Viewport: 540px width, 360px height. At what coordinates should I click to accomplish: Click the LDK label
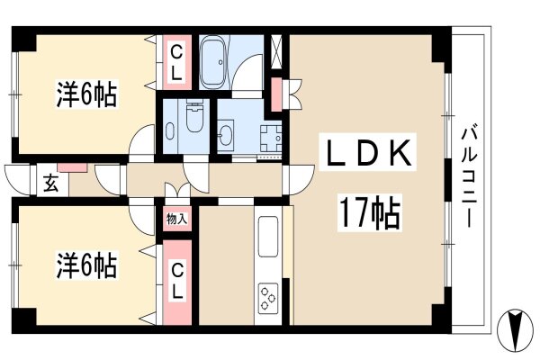click(367, 152)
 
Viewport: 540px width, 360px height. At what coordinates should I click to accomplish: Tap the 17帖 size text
click(370, 212)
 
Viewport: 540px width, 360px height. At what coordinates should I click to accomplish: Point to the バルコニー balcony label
click(469, 178)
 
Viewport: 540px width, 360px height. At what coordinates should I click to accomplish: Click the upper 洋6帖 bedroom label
click(86, 94)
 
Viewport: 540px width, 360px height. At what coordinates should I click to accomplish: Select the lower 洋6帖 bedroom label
click(86, 265)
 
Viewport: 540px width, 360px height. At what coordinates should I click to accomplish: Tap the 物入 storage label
click(176, 219)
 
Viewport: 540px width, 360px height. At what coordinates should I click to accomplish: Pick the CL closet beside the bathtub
click(176, 63)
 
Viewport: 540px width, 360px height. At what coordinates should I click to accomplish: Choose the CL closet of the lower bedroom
click(177, 282)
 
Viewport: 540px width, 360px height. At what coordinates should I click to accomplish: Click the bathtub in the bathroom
click(214, 63)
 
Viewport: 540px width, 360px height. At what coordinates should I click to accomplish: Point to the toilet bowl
click(194, 116)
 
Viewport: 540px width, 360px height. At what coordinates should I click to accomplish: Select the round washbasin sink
click(225, 135)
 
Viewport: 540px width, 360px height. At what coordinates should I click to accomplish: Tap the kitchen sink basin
click(268, 237)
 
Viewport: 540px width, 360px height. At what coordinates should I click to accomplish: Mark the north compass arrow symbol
click(515, 330)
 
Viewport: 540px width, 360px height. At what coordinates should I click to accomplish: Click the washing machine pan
click(271, 139)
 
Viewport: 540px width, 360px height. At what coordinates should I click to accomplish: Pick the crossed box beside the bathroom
click(276, 54)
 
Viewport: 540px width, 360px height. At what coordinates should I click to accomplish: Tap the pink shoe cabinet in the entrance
click(73, 167)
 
